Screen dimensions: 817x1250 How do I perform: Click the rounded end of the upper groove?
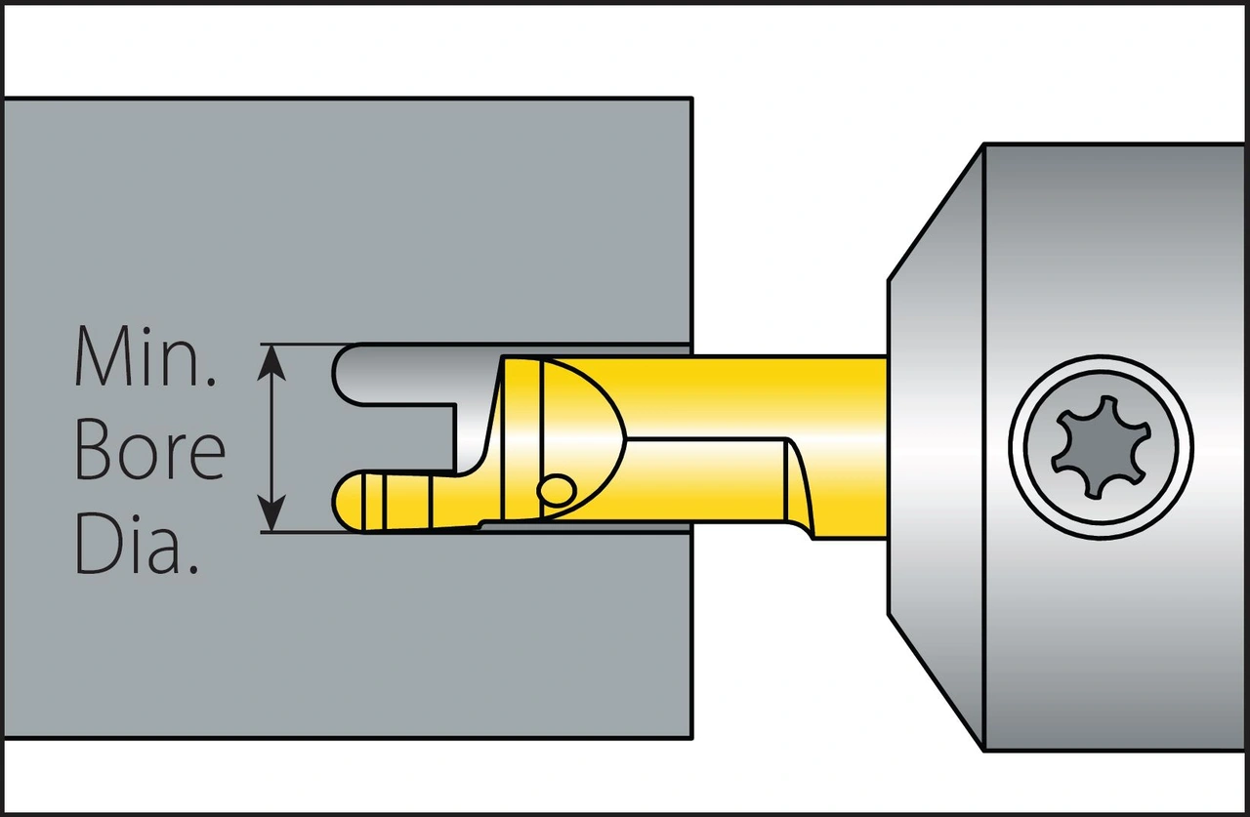tap(347, 373)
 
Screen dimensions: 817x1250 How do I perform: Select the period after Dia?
tap(193, 567)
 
